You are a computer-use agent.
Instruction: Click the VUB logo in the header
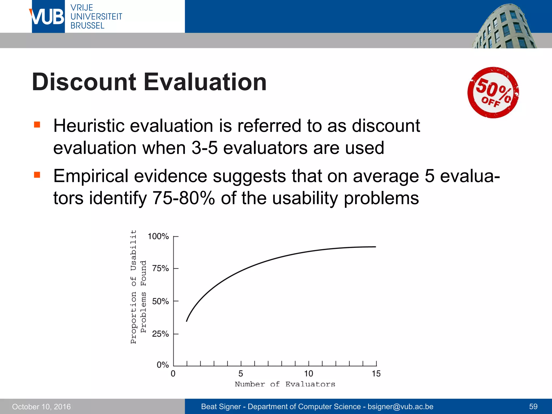pyautogui.click(x=48, y=17)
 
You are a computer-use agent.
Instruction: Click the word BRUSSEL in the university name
pyautogui.click(x=87, y=26)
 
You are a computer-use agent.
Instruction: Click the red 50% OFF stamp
pyautogui.click(x=493, y=92)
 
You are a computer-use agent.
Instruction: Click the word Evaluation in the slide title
pyautogui.click(x=205, y=82)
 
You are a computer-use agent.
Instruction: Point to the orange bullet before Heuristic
pyautogui.click(x=37, y=125)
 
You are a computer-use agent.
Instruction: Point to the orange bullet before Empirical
pyautogui.click(x=37, y=175)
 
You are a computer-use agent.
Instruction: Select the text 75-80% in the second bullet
pyautogui.click(x=184, y=198)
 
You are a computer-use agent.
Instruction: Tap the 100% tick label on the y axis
pyautogui.click(x=158, y=236)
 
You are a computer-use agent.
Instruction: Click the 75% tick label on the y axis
pyautogui.click(x=160, y=268)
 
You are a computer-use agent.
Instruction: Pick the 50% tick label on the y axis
pyautogui.click(x=160, y=301)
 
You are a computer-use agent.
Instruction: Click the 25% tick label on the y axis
pyautogui.click(x=160, y=334)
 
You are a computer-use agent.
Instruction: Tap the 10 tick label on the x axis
pyautogui.click(x=309, y=374)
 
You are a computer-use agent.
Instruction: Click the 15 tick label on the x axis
pyautogui.click(x=376, y=374)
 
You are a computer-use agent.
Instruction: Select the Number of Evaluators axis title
pyautogui.click(x=285, y=384)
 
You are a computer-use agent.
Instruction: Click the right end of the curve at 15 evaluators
pyautogui.click(x=375, y=247)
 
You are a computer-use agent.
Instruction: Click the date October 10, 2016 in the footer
pyautogui.click(x=41, y=406)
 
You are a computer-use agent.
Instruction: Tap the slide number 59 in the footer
pyautogui.click(x=533, y=406)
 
